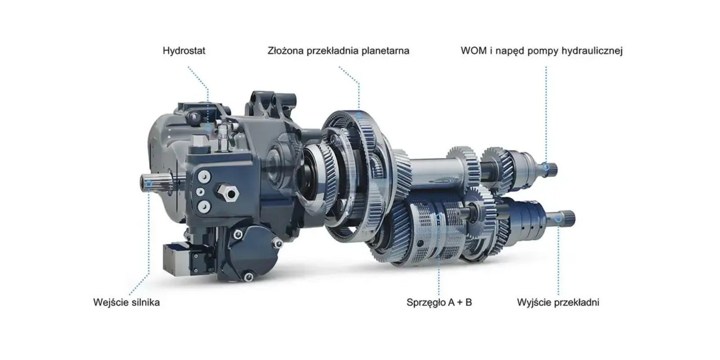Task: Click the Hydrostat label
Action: tap(184, 51)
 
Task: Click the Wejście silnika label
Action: tap(126, 302)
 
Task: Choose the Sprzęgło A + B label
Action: tap(439, 302)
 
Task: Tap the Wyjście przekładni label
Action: tap(558, 302)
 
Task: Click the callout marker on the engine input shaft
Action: tap(149, 184)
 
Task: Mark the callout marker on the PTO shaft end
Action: tap(546, 167)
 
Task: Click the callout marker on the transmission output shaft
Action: tap(558, 219)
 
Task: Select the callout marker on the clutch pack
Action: tap(439, 218)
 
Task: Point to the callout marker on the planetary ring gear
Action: tap(359, 114)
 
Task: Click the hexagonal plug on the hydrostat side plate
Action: tap(228, 193)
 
